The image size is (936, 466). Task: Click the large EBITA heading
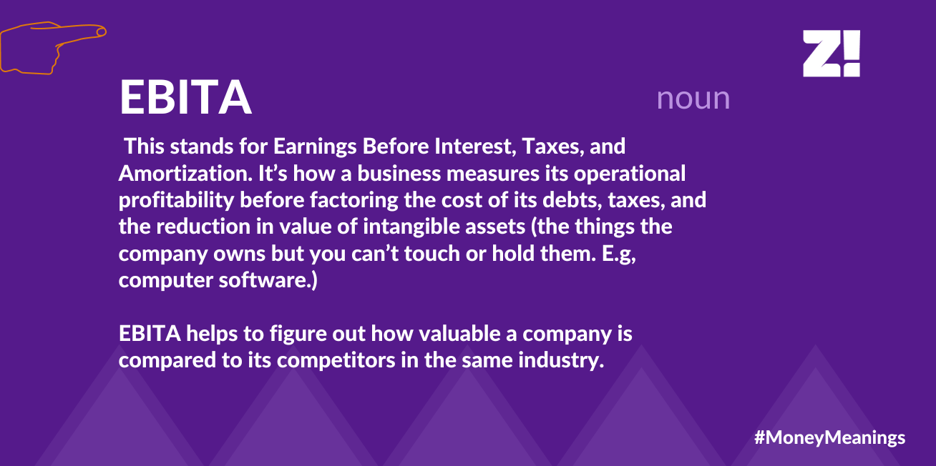point(185,96)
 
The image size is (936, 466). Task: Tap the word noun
point(693,99)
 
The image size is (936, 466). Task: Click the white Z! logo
point(831,54)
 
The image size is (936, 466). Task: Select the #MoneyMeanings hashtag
point(830,437)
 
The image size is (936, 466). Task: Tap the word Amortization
point(185,174)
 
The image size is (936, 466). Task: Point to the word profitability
point(176,201)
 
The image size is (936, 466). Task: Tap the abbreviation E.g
point(618,254)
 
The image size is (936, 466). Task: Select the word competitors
point(336,361)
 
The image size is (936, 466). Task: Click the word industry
point(561,361)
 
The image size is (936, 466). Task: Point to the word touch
point(432,254)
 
